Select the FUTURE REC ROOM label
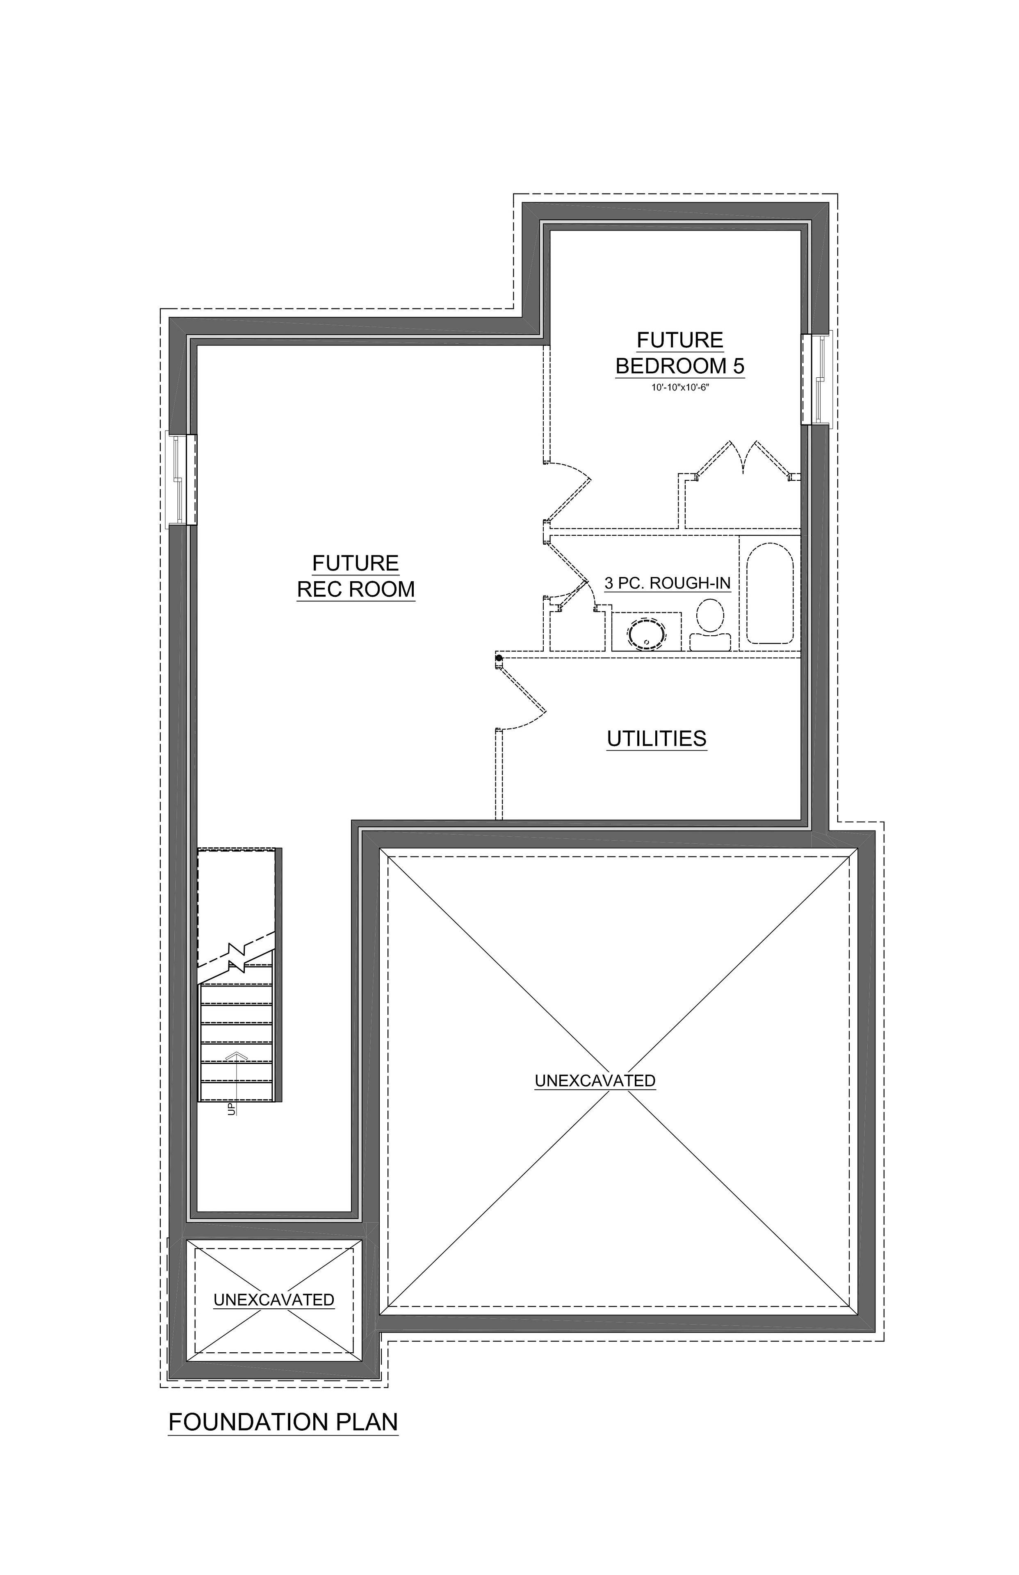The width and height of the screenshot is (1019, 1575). point(356,576)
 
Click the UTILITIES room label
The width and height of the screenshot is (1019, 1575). point(657,739)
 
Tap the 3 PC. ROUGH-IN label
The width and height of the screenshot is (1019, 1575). point(667,583)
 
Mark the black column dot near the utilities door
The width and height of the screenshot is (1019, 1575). point(499,658)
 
